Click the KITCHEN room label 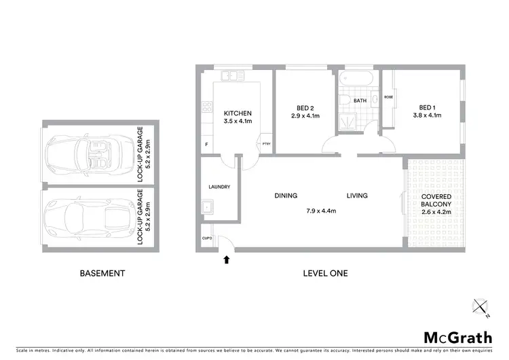[238, 113]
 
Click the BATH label [360, 101]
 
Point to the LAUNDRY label [220, 187]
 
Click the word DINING [286, 196]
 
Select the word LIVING [357, 196]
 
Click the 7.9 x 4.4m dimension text [321, 211]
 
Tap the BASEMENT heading [102, 274]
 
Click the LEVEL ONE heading [325, 274]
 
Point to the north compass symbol [481, 308]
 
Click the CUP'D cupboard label [207, 238]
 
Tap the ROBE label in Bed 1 [388, 97]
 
